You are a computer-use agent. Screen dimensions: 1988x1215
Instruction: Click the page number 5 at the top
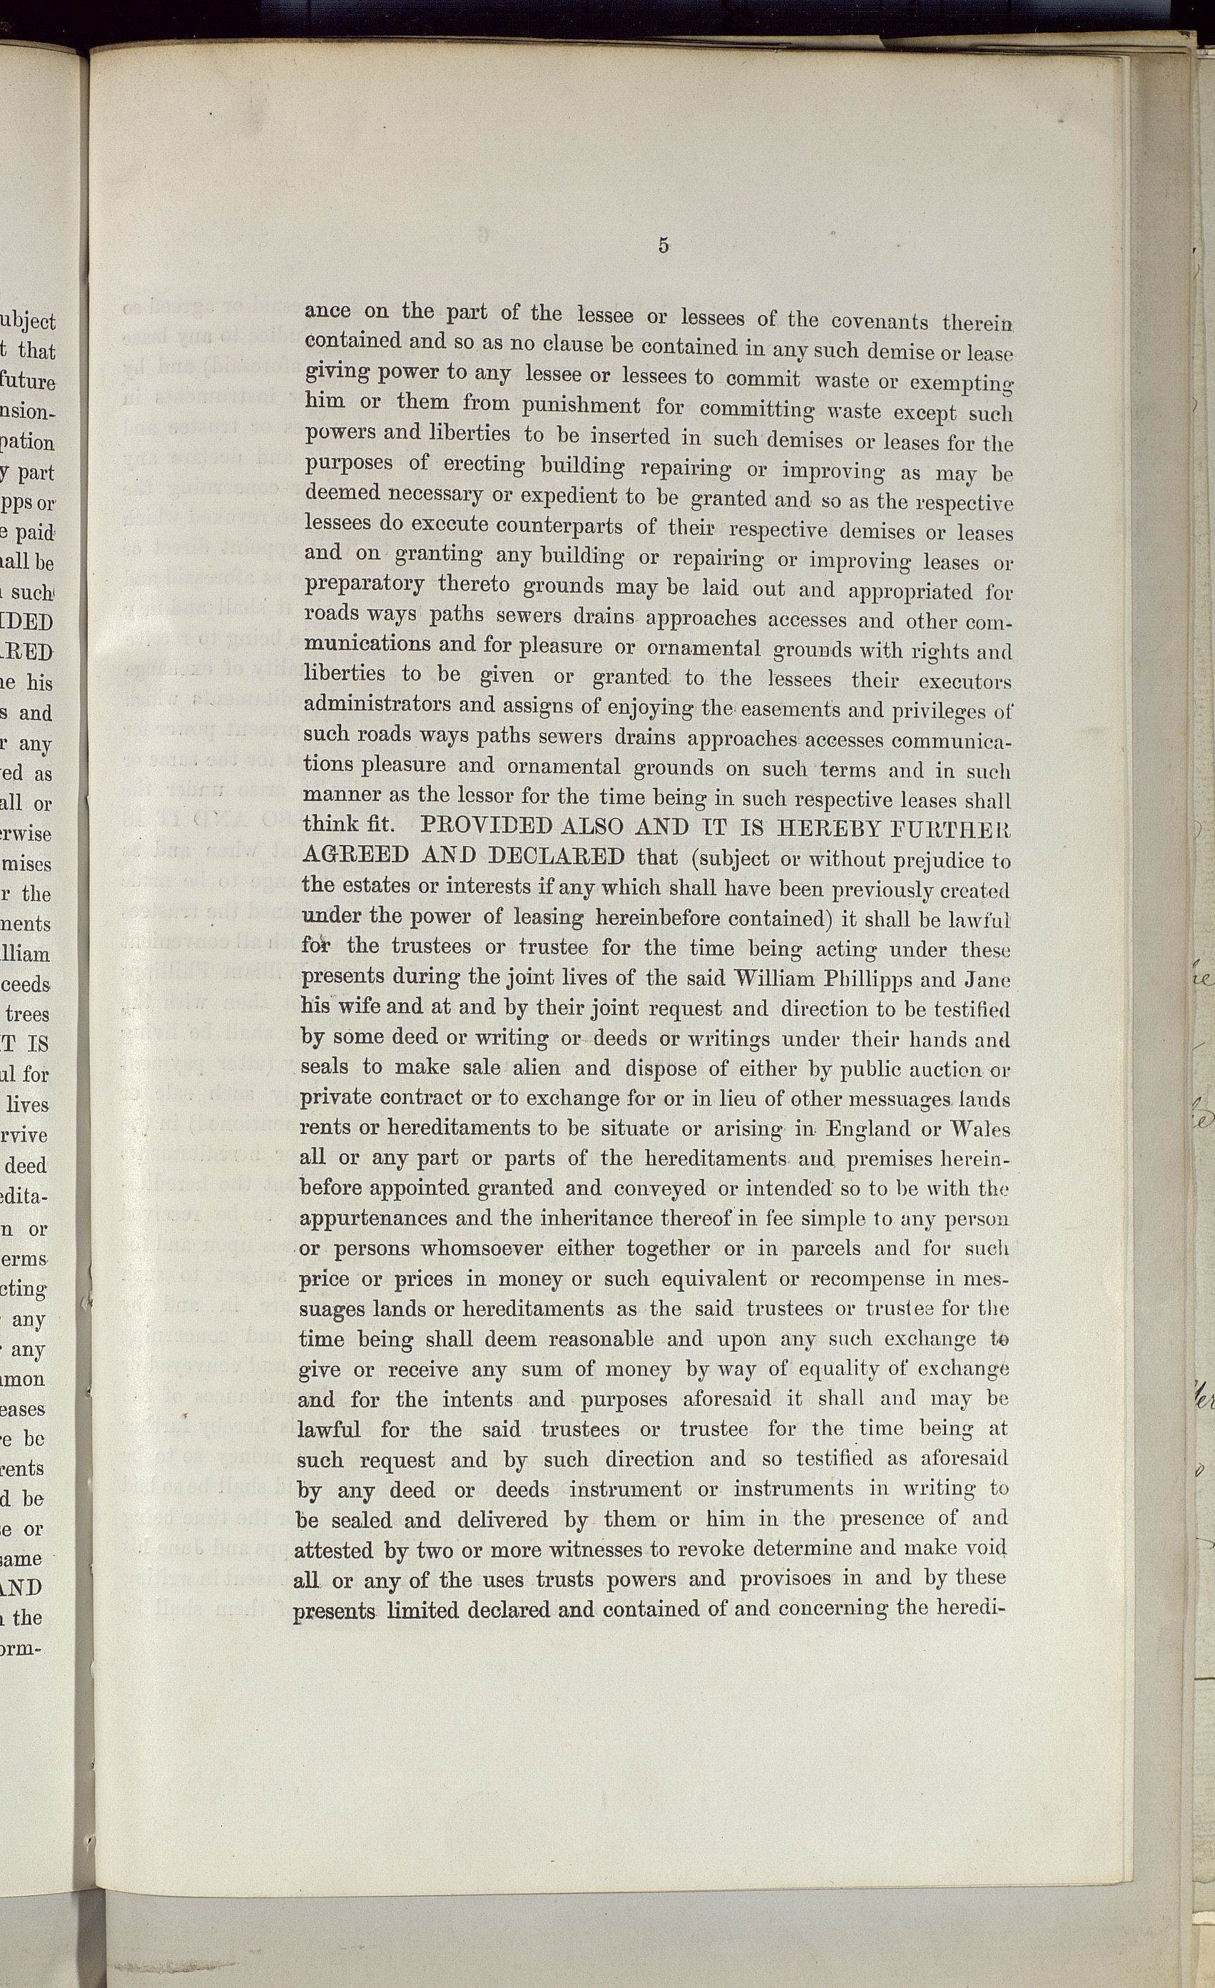click(x=662, y=245)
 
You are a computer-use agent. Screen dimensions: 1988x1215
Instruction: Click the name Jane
click(x=987, y=980)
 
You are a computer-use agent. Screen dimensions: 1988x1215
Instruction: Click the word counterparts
click(x=559, y=526)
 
